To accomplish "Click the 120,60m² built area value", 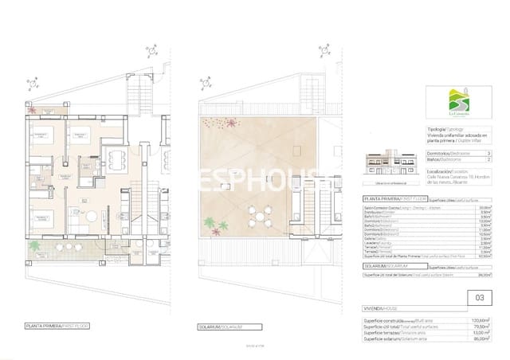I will [483, 319].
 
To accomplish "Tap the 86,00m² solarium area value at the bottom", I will [484, 339].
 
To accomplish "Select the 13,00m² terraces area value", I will [484, 333].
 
